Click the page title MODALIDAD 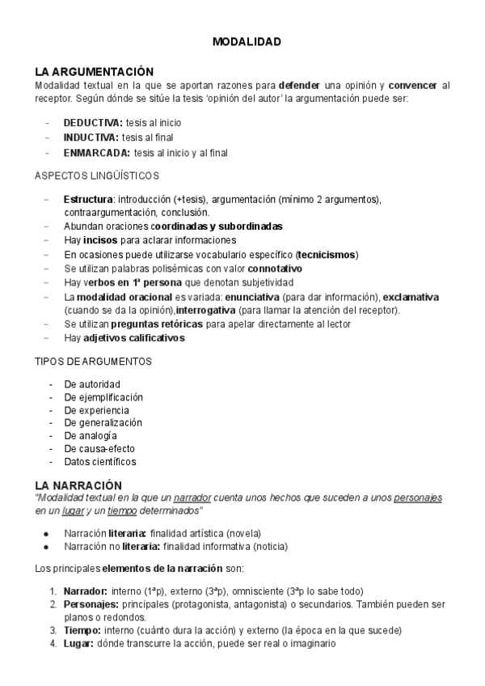(247, 42)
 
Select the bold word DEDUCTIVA (92, 122)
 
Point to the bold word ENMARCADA (96, 151)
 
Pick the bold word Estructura (87, 198)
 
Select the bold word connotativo (275, 268)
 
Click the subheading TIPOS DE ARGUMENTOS (94, 361)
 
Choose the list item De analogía (91, 435)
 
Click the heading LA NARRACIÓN (78, 485)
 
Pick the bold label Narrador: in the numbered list (86, 591)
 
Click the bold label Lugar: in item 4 (78, 643)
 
